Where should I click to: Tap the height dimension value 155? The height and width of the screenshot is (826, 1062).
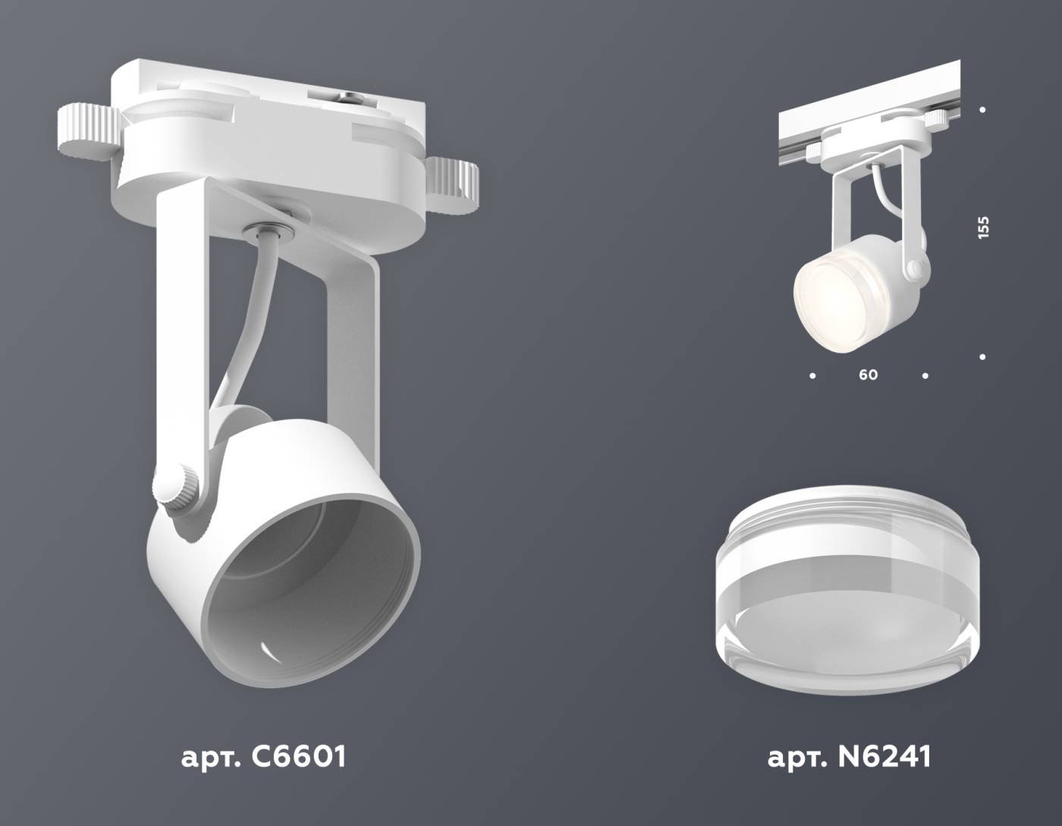pyautogui.click(x=983, y=228)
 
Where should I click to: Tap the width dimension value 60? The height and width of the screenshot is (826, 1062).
pyautogui.click(x=868, y=375)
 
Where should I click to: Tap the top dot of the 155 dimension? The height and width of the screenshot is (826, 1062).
pyautogui.click(x=982, y=110)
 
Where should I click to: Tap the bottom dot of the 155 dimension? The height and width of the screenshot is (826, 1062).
pyautogui.click(x=982, y=356)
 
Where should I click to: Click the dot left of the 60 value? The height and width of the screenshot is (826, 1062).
pyautogui.click(x=813, y=375)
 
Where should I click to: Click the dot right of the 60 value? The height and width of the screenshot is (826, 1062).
pyautogui.click(x=925, y=375)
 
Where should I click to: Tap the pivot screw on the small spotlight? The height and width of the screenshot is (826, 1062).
pyautogui.click(x=916, y=269)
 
